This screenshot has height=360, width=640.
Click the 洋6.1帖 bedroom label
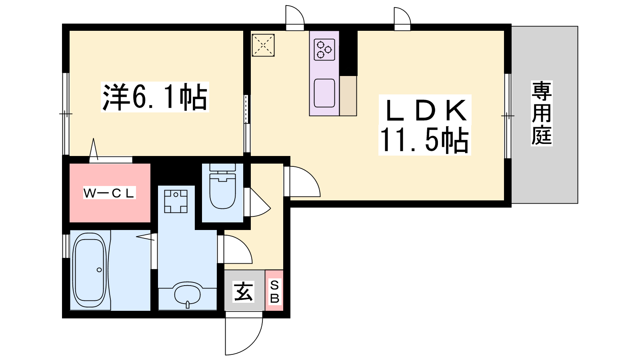[x=154, y=97]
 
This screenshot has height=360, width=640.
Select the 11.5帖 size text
[x=424, y=140]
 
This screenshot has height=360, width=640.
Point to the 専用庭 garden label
[x=542, y=113]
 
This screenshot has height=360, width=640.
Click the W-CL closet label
[x=109, y=193]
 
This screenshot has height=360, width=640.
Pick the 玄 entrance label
[x=244, y=292]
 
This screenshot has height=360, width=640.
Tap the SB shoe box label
[x=274, y=292]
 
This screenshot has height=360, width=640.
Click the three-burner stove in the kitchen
[x=324, y=50]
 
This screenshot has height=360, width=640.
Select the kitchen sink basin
[x=324, y=93]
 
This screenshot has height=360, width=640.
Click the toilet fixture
[x=222, y=186]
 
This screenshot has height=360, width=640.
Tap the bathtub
[x=90, y=270]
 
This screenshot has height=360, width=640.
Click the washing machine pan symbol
[x=176, y=201]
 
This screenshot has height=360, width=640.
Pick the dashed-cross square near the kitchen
[x=263, y=45]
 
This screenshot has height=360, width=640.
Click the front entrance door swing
[x=244, y=333]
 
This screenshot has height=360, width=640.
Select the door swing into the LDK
[x=302, y=182]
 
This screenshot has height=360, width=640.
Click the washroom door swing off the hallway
[x=235, y=249]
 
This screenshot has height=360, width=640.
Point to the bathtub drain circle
[x=99, y=270]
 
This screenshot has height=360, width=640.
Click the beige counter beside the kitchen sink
[x=348, y=96]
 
